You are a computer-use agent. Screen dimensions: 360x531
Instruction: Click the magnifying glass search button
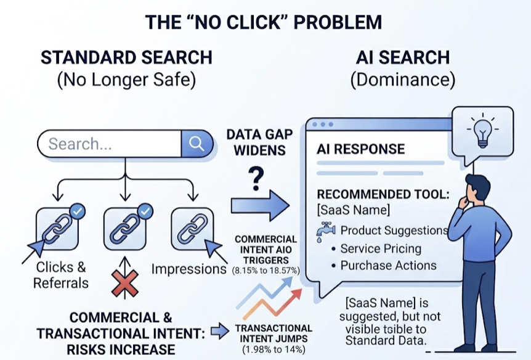197,144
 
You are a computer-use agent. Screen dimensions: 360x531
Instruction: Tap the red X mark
125,287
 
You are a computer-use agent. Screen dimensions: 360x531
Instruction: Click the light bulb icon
482,130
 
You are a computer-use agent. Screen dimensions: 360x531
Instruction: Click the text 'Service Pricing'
381,249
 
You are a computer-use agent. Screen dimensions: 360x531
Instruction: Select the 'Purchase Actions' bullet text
388,266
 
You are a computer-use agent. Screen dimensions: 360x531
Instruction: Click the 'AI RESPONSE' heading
360,149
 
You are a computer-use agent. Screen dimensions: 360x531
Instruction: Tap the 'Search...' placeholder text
80,144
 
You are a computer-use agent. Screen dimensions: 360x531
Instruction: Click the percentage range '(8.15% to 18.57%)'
265,271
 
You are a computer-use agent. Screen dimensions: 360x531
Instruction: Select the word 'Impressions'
189,269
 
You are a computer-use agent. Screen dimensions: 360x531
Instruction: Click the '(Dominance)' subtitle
402,80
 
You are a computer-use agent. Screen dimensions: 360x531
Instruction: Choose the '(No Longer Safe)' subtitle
126,80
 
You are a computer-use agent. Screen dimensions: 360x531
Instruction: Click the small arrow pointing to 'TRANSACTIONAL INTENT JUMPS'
219,331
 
